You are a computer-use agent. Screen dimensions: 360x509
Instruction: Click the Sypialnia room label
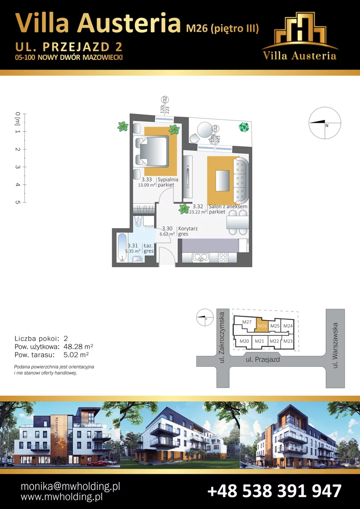click(168, 180)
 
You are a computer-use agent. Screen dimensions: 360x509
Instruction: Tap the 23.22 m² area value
click(198, 212)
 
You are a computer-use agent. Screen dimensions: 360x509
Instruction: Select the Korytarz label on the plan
click(188, 229)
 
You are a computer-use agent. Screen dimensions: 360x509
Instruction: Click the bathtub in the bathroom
click(122, 247)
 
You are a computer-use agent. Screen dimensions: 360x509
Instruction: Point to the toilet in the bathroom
click(138, 222)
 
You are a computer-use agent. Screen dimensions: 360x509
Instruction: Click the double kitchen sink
click(201, 257)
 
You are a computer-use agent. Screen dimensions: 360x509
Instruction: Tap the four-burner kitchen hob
click(223, 257)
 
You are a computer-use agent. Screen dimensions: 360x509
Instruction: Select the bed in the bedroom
click(152, 152)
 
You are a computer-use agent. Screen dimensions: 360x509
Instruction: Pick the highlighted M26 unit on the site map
click(262, 325)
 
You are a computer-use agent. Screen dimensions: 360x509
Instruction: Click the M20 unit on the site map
click(245, 341)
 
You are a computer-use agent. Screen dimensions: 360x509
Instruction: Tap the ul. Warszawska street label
click(335, 345)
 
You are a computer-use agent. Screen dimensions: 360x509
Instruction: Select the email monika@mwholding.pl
click(70, 486)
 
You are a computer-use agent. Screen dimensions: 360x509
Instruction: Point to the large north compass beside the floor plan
click(325, 123)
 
